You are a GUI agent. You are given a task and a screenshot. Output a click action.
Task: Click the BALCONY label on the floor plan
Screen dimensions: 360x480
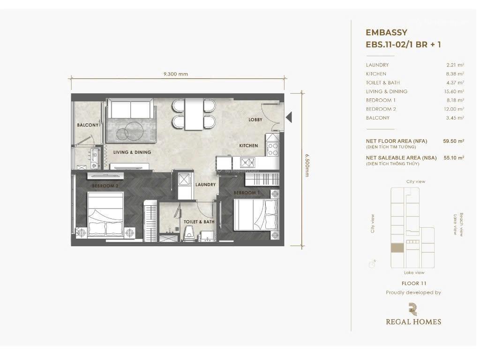coord(88,125)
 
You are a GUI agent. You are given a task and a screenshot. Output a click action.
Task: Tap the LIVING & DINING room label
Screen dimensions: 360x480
coord(132,152)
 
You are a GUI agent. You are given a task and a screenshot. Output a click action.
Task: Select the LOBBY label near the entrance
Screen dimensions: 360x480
coord(255,120)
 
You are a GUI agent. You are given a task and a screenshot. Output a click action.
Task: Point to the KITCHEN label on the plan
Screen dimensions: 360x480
coord(248,146)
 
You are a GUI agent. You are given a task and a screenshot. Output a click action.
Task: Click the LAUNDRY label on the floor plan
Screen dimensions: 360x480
coord(205,185)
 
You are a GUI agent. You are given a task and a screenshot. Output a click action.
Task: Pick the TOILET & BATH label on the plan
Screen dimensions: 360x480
coord(199,222)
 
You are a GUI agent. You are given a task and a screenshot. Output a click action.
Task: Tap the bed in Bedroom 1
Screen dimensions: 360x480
coord(255,215)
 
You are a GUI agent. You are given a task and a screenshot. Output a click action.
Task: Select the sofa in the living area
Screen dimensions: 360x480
coord(130,110)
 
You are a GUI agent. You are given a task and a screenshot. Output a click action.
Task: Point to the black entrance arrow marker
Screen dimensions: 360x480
coord(289,116)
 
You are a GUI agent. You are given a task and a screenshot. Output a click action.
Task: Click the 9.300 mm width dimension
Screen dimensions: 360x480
coord(176,74)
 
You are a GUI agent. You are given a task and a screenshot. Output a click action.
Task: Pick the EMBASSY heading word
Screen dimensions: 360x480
coord(386,33)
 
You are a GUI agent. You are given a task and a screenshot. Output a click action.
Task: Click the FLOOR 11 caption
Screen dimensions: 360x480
coord(414,283)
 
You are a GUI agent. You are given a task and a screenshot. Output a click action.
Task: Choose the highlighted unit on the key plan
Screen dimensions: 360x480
coord(397,248)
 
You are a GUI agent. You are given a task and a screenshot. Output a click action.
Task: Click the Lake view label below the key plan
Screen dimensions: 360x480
coord(414,272)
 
